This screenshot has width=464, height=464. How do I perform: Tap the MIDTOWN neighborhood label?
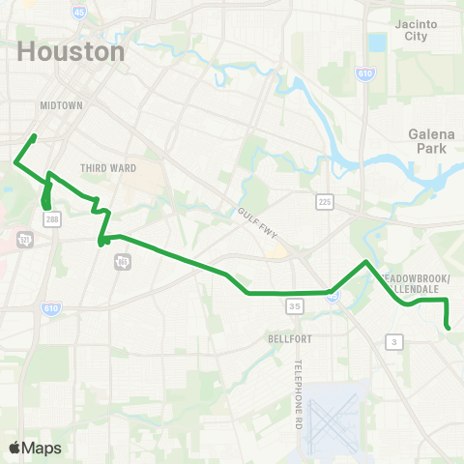(x=62, y=104)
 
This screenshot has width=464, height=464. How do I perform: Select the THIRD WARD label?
(x=108, y=168)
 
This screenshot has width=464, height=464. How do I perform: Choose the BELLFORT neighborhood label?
(x=288, y=339)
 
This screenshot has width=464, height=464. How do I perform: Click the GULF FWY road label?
(x=259, y=217)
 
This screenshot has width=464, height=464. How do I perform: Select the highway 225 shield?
(x=325, y=201)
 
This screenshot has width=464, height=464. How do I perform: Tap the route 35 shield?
(x=293, y=305)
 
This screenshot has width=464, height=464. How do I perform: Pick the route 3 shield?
(x=393, y=341)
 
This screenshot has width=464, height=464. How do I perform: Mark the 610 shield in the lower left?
(x=50, y=307)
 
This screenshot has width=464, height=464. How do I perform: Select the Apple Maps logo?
(x=35, y=448)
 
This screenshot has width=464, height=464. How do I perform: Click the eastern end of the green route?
(x=449, y=329)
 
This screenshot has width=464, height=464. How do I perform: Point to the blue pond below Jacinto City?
(x=377, y=43)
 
